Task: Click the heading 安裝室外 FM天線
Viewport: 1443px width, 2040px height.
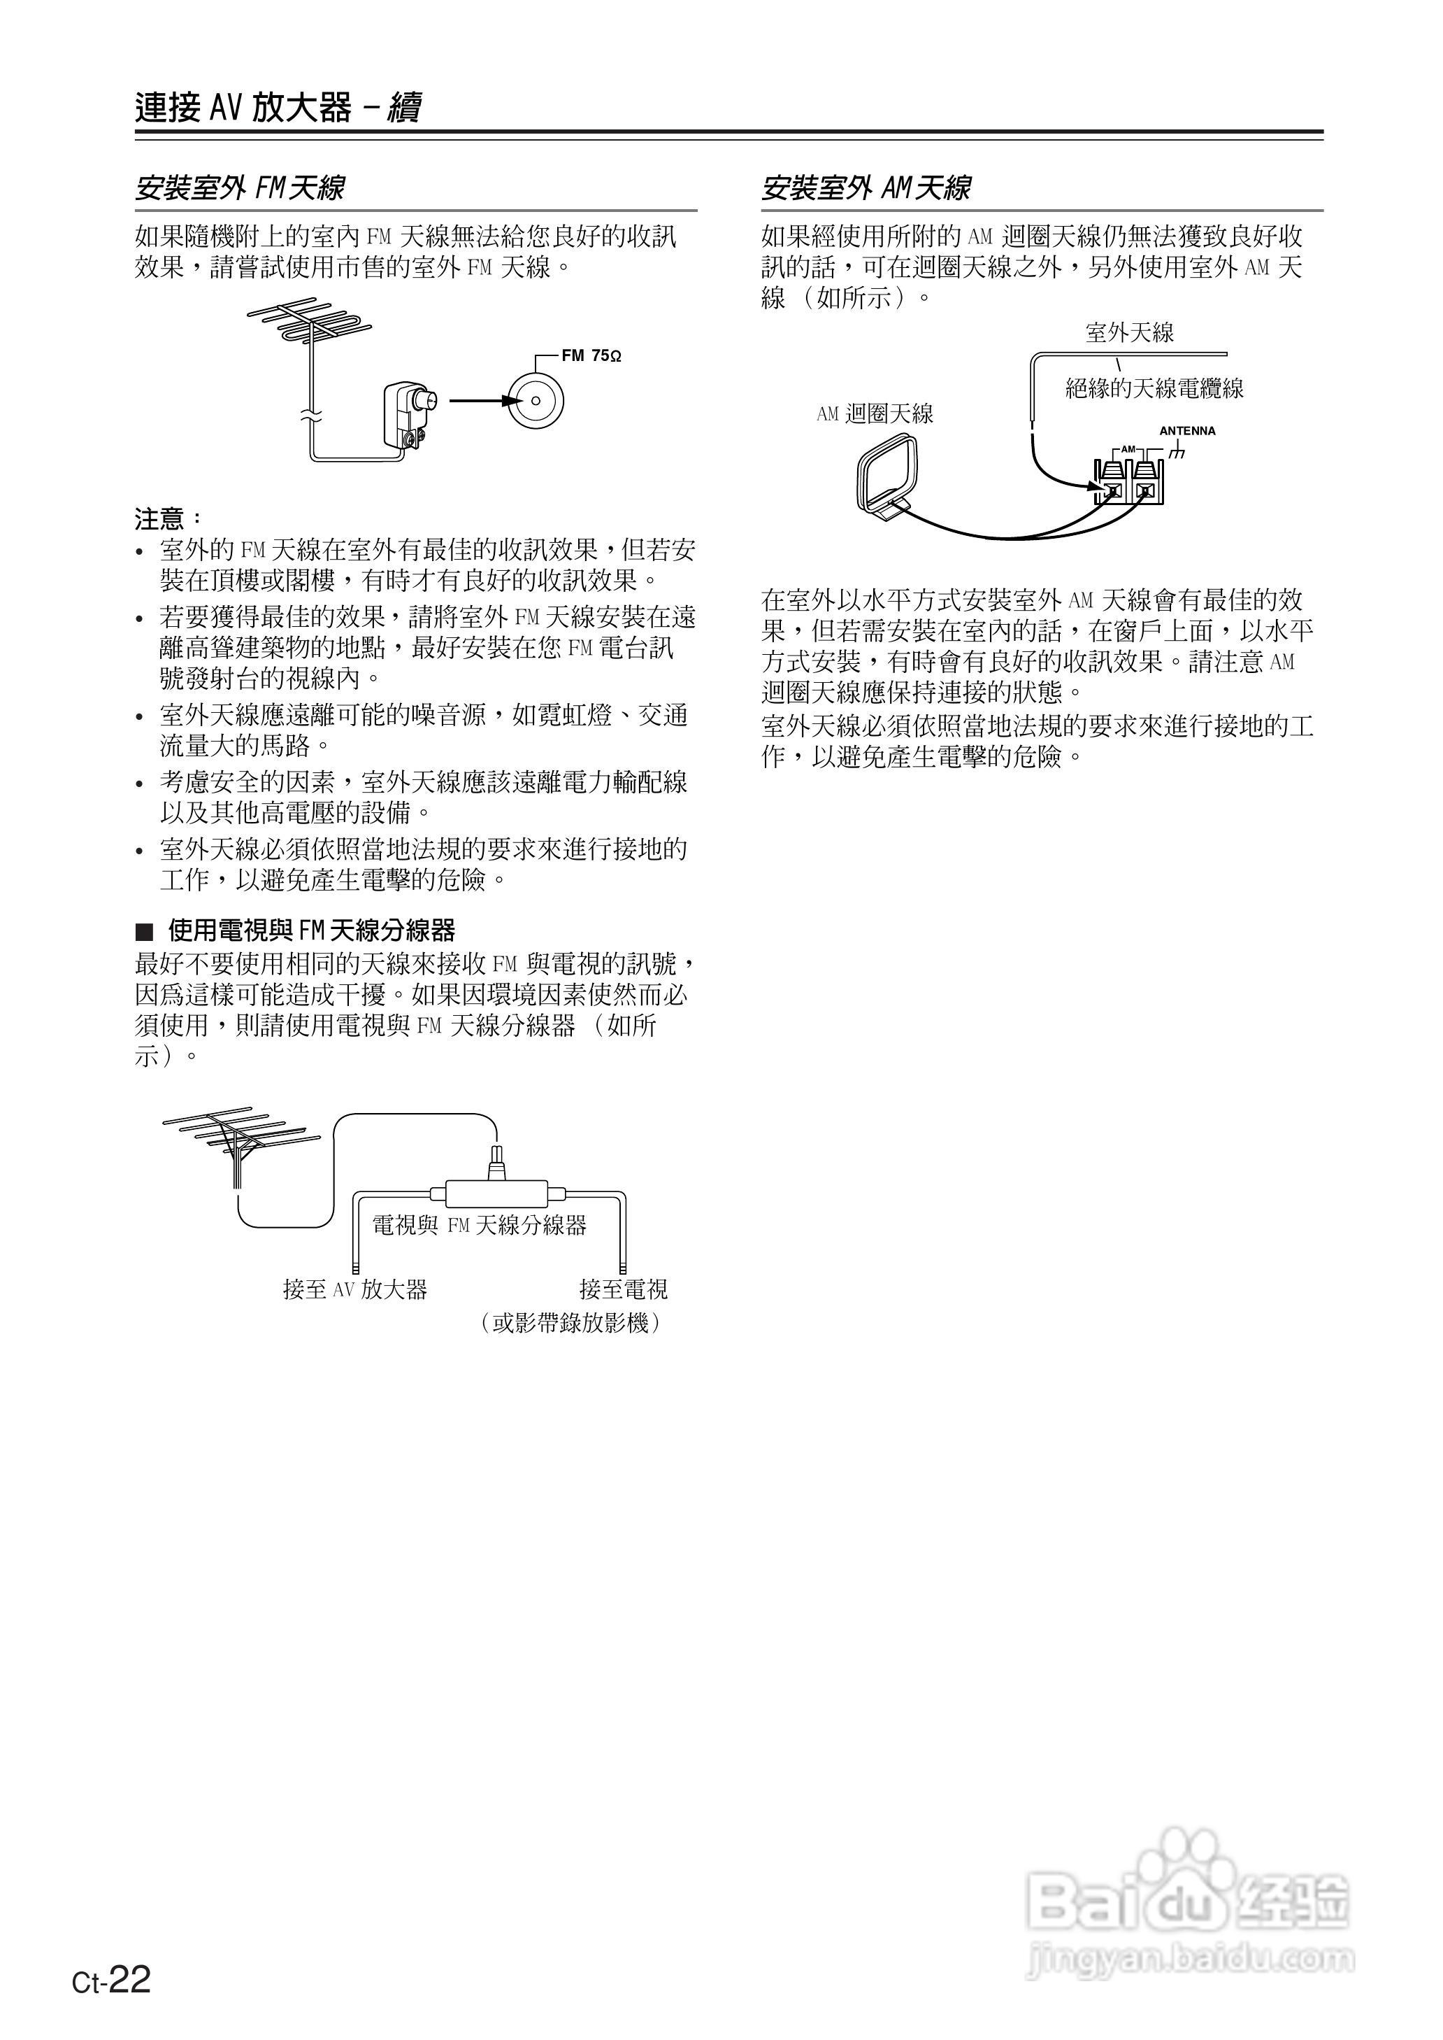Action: click(240, 188)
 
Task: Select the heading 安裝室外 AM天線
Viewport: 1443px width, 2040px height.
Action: click(866, 188)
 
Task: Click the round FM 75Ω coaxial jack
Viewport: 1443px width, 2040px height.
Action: click(535, 400)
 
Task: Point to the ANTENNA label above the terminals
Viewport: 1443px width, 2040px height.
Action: click(1187, 431)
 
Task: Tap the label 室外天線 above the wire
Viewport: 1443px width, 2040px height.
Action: click(1129, 333)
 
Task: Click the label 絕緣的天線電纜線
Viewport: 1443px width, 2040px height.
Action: click(1154, 388)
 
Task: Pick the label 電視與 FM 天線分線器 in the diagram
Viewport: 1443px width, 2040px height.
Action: click(479, 1226)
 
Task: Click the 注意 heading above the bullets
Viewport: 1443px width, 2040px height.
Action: click(167, 518)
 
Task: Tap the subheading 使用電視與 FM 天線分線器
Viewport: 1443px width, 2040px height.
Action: click(310, 930)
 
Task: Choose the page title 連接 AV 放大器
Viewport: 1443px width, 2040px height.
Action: click(245, 108)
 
